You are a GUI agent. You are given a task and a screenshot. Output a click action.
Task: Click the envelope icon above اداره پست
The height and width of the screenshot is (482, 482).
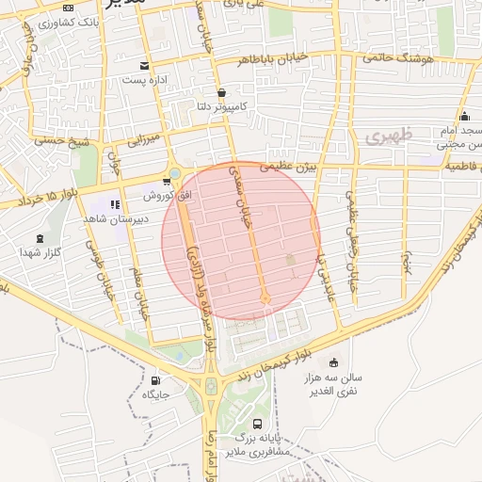143,65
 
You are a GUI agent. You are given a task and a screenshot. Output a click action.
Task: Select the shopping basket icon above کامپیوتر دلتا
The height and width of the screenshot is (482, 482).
220,92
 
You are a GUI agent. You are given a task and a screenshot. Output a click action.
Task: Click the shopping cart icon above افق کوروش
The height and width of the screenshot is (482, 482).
166,183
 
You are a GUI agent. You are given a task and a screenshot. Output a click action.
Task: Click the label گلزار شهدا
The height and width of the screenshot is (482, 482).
40,252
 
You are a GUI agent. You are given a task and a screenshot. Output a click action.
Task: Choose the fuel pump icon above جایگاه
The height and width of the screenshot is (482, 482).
155,380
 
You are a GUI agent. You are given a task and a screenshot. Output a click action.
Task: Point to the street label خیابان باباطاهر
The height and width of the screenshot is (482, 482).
273,58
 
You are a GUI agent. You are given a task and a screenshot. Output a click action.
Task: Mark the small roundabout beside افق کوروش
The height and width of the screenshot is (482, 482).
175,173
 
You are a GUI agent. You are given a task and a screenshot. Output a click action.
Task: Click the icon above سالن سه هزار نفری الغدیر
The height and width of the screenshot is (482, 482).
333,362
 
